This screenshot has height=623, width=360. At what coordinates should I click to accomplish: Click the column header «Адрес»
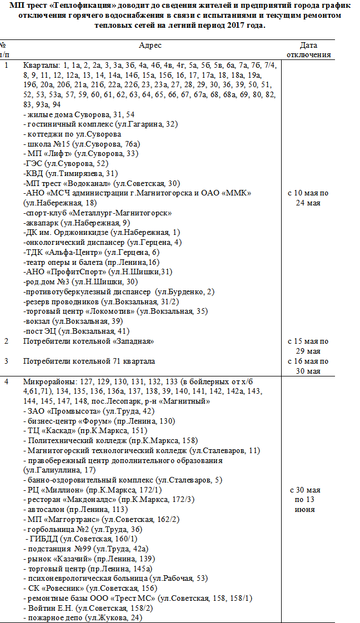(151, 45)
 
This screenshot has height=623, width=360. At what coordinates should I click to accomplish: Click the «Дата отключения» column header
(308, 50)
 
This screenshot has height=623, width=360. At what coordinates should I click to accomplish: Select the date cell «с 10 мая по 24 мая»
(308, 198)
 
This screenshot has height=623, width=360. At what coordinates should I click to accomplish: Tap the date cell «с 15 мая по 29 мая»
(308, 346)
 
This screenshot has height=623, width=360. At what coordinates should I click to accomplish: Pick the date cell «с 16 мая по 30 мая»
(308, 366)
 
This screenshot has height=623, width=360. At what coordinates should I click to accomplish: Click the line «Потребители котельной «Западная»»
(88, 341)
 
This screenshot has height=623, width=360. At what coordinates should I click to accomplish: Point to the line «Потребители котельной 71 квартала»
(89, 361)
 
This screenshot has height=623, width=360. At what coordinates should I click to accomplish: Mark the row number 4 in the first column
(7, 382)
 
